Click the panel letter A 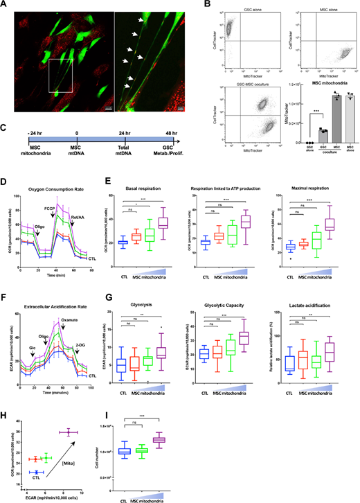[6, 5]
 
